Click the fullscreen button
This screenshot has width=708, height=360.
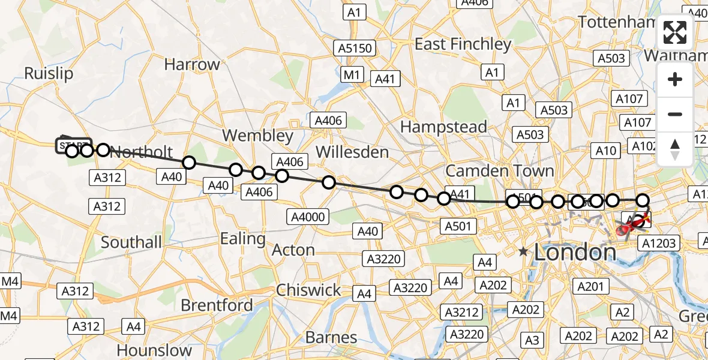click(x=675, y=32)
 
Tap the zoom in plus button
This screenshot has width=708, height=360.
click(x=675, y=79)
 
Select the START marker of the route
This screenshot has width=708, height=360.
click(x=74, y=146)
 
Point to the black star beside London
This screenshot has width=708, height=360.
click(x=524, y=251)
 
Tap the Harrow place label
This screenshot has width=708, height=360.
click(x=192, y=64)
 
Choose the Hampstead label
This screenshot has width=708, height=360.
click(x=443, y=127)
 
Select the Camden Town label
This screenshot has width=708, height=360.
click(x=500, y=171)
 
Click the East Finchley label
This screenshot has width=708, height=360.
click(x=463, y=44)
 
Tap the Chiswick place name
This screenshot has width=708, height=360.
click(x=308, y=290)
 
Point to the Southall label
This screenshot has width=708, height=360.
click(x=131, y=242)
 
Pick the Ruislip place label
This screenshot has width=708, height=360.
click(x=49, y=73)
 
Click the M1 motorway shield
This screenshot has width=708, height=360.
click(x=352, y=75)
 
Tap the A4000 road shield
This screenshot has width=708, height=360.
click(x=308, y=217)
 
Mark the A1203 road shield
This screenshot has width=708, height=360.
click(x=659, y=243)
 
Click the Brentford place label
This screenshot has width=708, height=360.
click(x=217, y=305)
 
